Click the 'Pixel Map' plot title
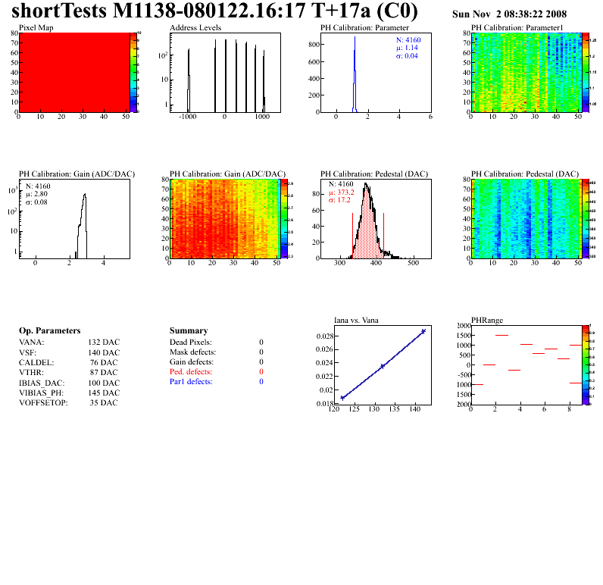click(36, 27)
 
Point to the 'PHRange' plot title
click(486, 320)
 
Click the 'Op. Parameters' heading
click(49, 331)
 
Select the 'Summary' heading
click(189, 331)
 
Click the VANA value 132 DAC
click(104, 343)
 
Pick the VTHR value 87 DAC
click(104, 372)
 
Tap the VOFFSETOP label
click(43, 402)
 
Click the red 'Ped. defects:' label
click(191, 372)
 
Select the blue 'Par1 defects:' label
click(191, 382)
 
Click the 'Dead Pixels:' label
click(191, 343)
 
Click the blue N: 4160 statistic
click(413, 39)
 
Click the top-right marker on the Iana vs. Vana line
click(423, 331)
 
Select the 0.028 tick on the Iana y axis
click(323, 336)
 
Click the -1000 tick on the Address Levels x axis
click(187, 118)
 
